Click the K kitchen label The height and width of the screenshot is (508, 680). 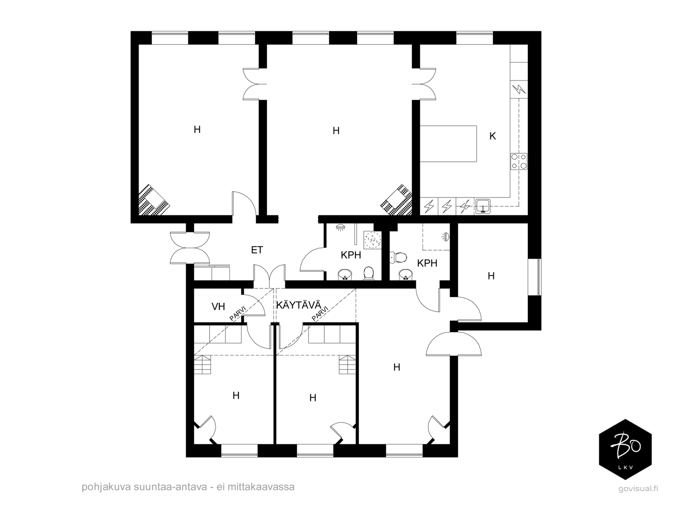click(x=492, y=136)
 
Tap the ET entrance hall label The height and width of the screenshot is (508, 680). click(x=257, y=250)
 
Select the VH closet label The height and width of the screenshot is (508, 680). click(x=218, y=307)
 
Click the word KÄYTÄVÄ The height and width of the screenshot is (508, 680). click(x=299, y=305)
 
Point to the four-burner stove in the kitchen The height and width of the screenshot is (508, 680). click(x=519, y=161)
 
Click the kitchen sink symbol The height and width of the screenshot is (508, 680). click(x=482, y=206)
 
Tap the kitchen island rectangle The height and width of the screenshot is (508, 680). click(x=448, y=143)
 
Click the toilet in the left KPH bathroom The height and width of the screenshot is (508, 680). click(x=368, y=274)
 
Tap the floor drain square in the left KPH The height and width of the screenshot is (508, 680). click(x=372, y=239)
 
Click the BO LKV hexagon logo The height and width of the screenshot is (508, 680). click(x=625, y=449)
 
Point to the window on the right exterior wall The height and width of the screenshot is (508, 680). click(x=535, y=277)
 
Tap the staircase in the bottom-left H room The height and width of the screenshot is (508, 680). click(x=202, y=365)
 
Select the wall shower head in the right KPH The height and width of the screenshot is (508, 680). click(x=446, y=237)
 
